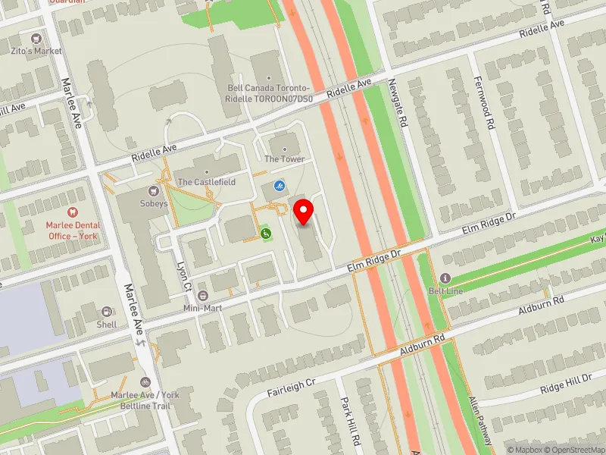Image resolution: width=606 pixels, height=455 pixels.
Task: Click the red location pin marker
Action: tap(304, 212)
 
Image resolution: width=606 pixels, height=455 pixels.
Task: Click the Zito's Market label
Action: tap(36, 51)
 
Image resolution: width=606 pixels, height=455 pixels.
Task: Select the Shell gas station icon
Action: tap(107, 312)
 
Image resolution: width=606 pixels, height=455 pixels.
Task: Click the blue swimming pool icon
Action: tap(280, 185)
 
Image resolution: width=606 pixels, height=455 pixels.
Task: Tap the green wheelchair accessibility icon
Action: tap(266, 234)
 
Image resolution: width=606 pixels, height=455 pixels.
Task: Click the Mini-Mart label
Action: tap(201, 308)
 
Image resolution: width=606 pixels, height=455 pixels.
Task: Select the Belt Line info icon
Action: tap(445, 278)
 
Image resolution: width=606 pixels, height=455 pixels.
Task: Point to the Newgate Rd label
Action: tap(397, 104)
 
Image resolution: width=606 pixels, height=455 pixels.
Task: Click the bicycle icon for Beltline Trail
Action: tap(145, 383)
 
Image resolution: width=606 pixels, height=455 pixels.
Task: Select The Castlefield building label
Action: tap(206, 183)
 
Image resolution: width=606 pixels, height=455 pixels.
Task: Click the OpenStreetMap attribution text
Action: tap(573, 450)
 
